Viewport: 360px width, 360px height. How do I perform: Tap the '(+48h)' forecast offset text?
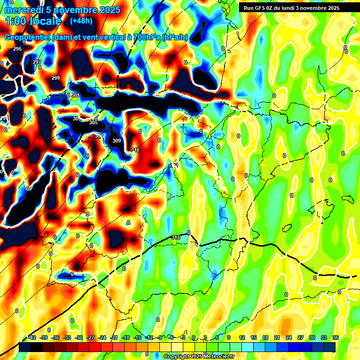pos(81,21)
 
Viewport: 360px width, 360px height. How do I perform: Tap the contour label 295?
pos(17,49)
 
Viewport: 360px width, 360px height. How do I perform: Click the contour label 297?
pos(37,62)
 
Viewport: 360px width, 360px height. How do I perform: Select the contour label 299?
pos(56,78)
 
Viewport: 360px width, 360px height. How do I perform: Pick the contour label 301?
pos(75,95)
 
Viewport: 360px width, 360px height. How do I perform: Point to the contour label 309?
pos(117,141)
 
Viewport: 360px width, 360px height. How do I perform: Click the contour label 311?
pos(135,150)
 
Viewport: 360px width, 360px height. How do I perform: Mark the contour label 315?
pos(176,238)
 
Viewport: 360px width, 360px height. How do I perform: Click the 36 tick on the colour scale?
pos(335,337)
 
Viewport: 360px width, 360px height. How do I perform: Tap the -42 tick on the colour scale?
pos(32,337)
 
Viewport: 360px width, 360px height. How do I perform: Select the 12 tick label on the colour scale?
pos(242,337)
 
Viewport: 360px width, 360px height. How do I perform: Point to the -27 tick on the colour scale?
pos(90,337)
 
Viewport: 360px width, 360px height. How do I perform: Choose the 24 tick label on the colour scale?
pos(288,337)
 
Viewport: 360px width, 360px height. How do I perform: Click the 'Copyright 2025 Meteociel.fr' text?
pos(199,356)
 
